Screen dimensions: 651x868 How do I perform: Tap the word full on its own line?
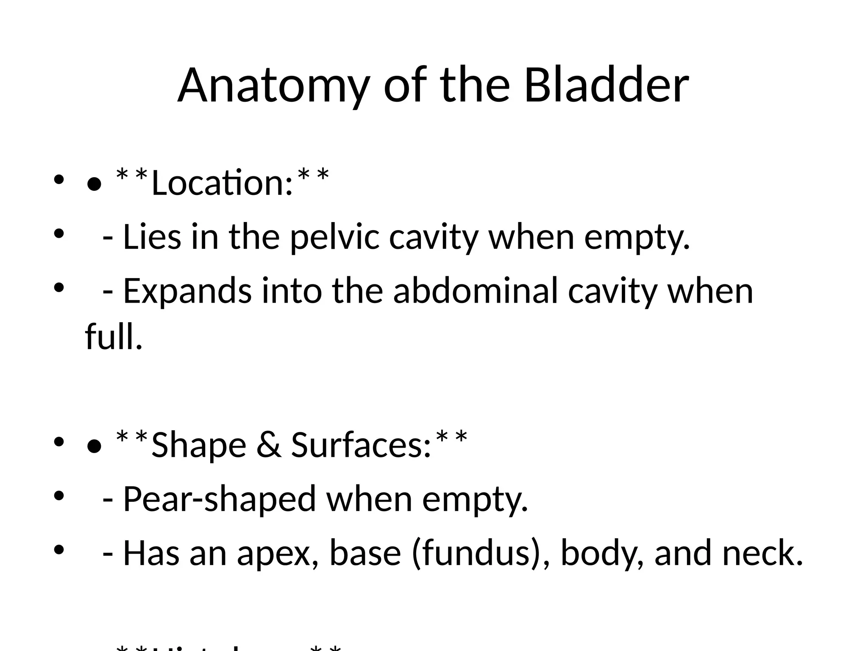click(114, 337)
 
